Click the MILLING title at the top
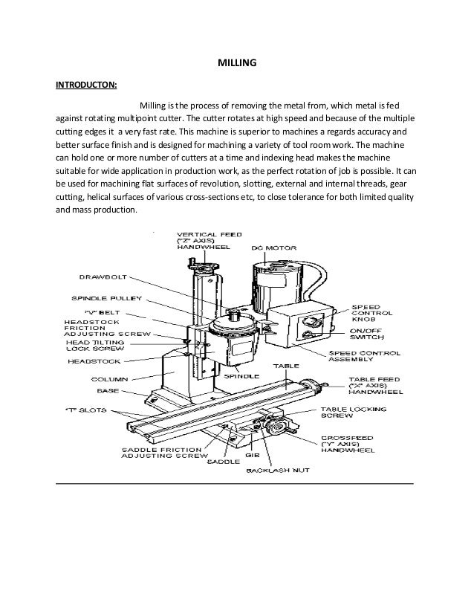pos(236,65)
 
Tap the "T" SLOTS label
pos(85,410)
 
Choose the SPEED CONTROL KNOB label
pos(372,313)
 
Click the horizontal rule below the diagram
pos(235,484)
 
